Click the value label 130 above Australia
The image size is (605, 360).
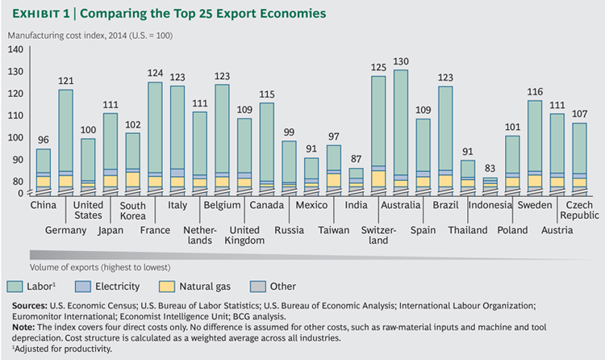pyautogui.click(x=401, y=61)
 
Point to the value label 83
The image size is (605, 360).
pyautogui.click(x=490, y=169)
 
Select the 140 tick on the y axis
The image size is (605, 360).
pyautogui.click(x=15, y=50)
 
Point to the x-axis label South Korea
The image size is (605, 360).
pyautogui.click(x=133, y=210)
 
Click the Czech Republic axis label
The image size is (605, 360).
pyautogui.click(x=579, y=210)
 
